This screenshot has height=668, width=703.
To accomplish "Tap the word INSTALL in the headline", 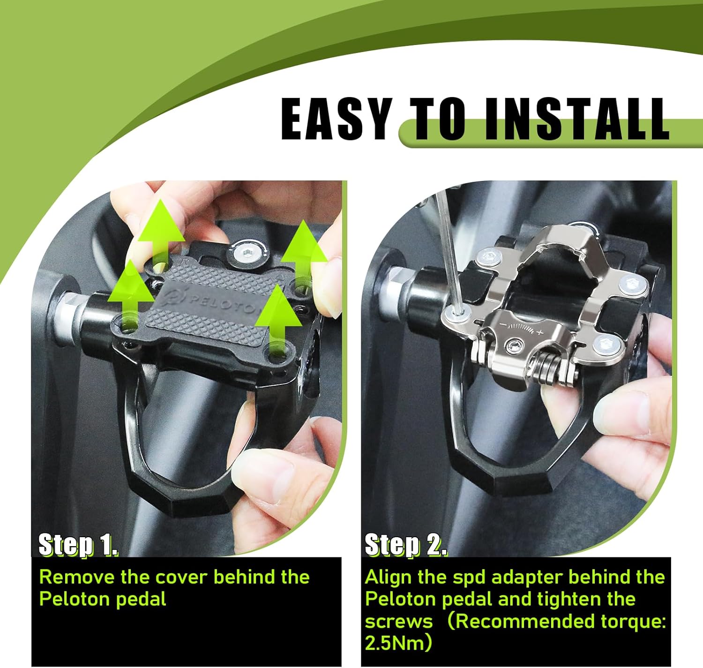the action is coord(576,119).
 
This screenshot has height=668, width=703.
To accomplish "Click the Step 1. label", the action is coord(78,545).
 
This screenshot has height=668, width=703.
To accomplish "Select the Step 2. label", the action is coord(405,545).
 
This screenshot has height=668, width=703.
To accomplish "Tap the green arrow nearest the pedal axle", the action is coord(131,294).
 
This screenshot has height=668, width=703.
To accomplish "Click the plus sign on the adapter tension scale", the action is coord(540,332).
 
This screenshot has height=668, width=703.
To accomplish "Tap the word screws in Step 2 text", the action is coord(399,622).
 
